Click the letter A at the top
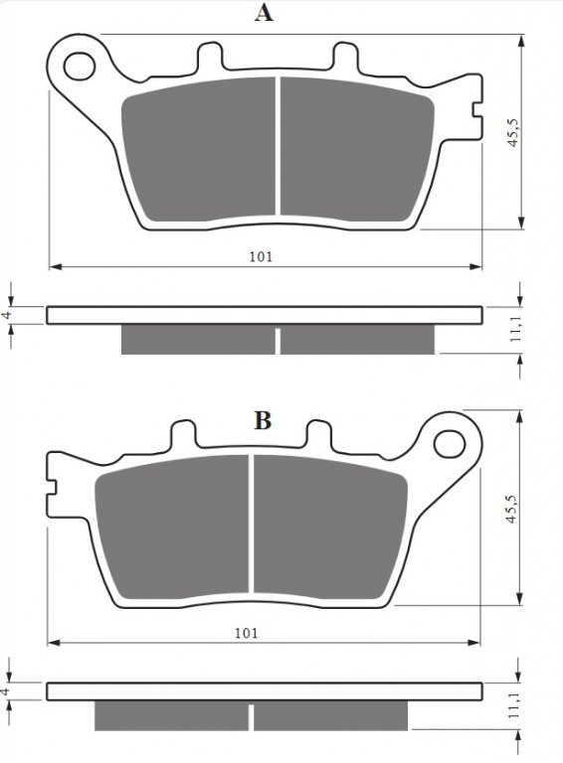coord(264,13)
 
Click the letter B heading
coord(263,420)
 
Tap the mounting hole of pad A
coord(80,66)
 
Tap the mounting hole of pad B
coord(450,444)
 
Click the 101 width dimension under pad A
coord(261,256)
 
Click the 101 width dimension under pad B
coord(247,633)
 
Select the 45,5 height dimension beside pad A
coord(514,132)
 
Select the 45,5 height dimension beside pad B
coord(511,509)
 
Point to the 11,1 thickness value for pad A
coord(516,329)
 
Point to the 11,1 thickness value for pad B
coord(514,705)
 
